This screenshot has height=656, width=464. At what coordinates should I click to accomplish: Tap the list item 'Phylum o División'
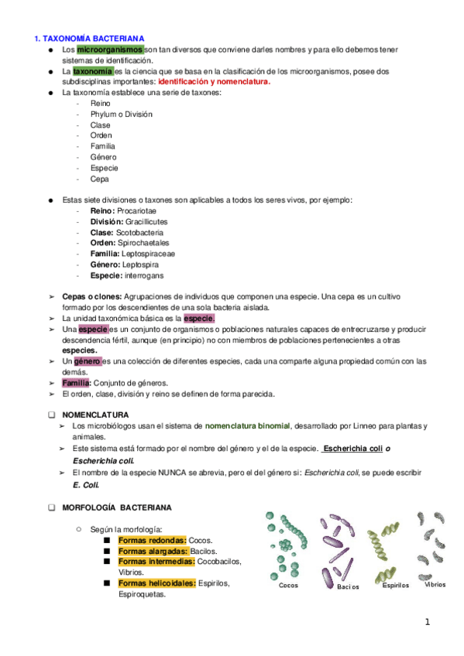(x=121, y=114)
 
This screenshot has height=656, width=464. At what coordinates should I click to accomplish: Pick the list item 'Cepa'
(x=99, y=179)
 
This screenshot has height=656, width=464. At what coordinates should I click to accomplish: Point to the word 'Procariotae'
(x=136, y=210)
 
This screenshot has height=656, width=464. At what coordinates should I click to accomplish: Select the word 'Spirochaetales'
(x=144, y=243)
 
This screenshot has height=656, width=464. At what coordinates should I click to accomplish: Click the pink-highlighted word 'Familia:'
(x=77, y=382)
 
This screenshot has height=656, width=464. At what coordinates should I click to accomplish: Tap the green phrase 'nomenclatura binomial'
(x=247, y=425)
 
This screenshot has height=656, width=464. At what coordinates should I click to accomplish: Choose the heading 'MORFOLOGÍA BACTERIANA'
(x=127, y=507)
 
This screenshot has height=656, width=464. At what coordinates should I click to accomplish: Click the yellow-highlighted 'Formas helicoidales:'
(x=156, y=583)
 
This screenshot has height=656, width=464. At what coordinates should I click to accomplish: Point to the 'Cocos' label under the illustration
(x=289, y=586)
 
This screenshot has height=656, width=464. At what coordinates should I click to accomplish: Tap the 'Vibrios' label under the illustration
(x=435, y=585)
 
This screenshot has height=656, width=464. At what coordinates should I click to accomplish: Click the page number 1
(x=426, y=621)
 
